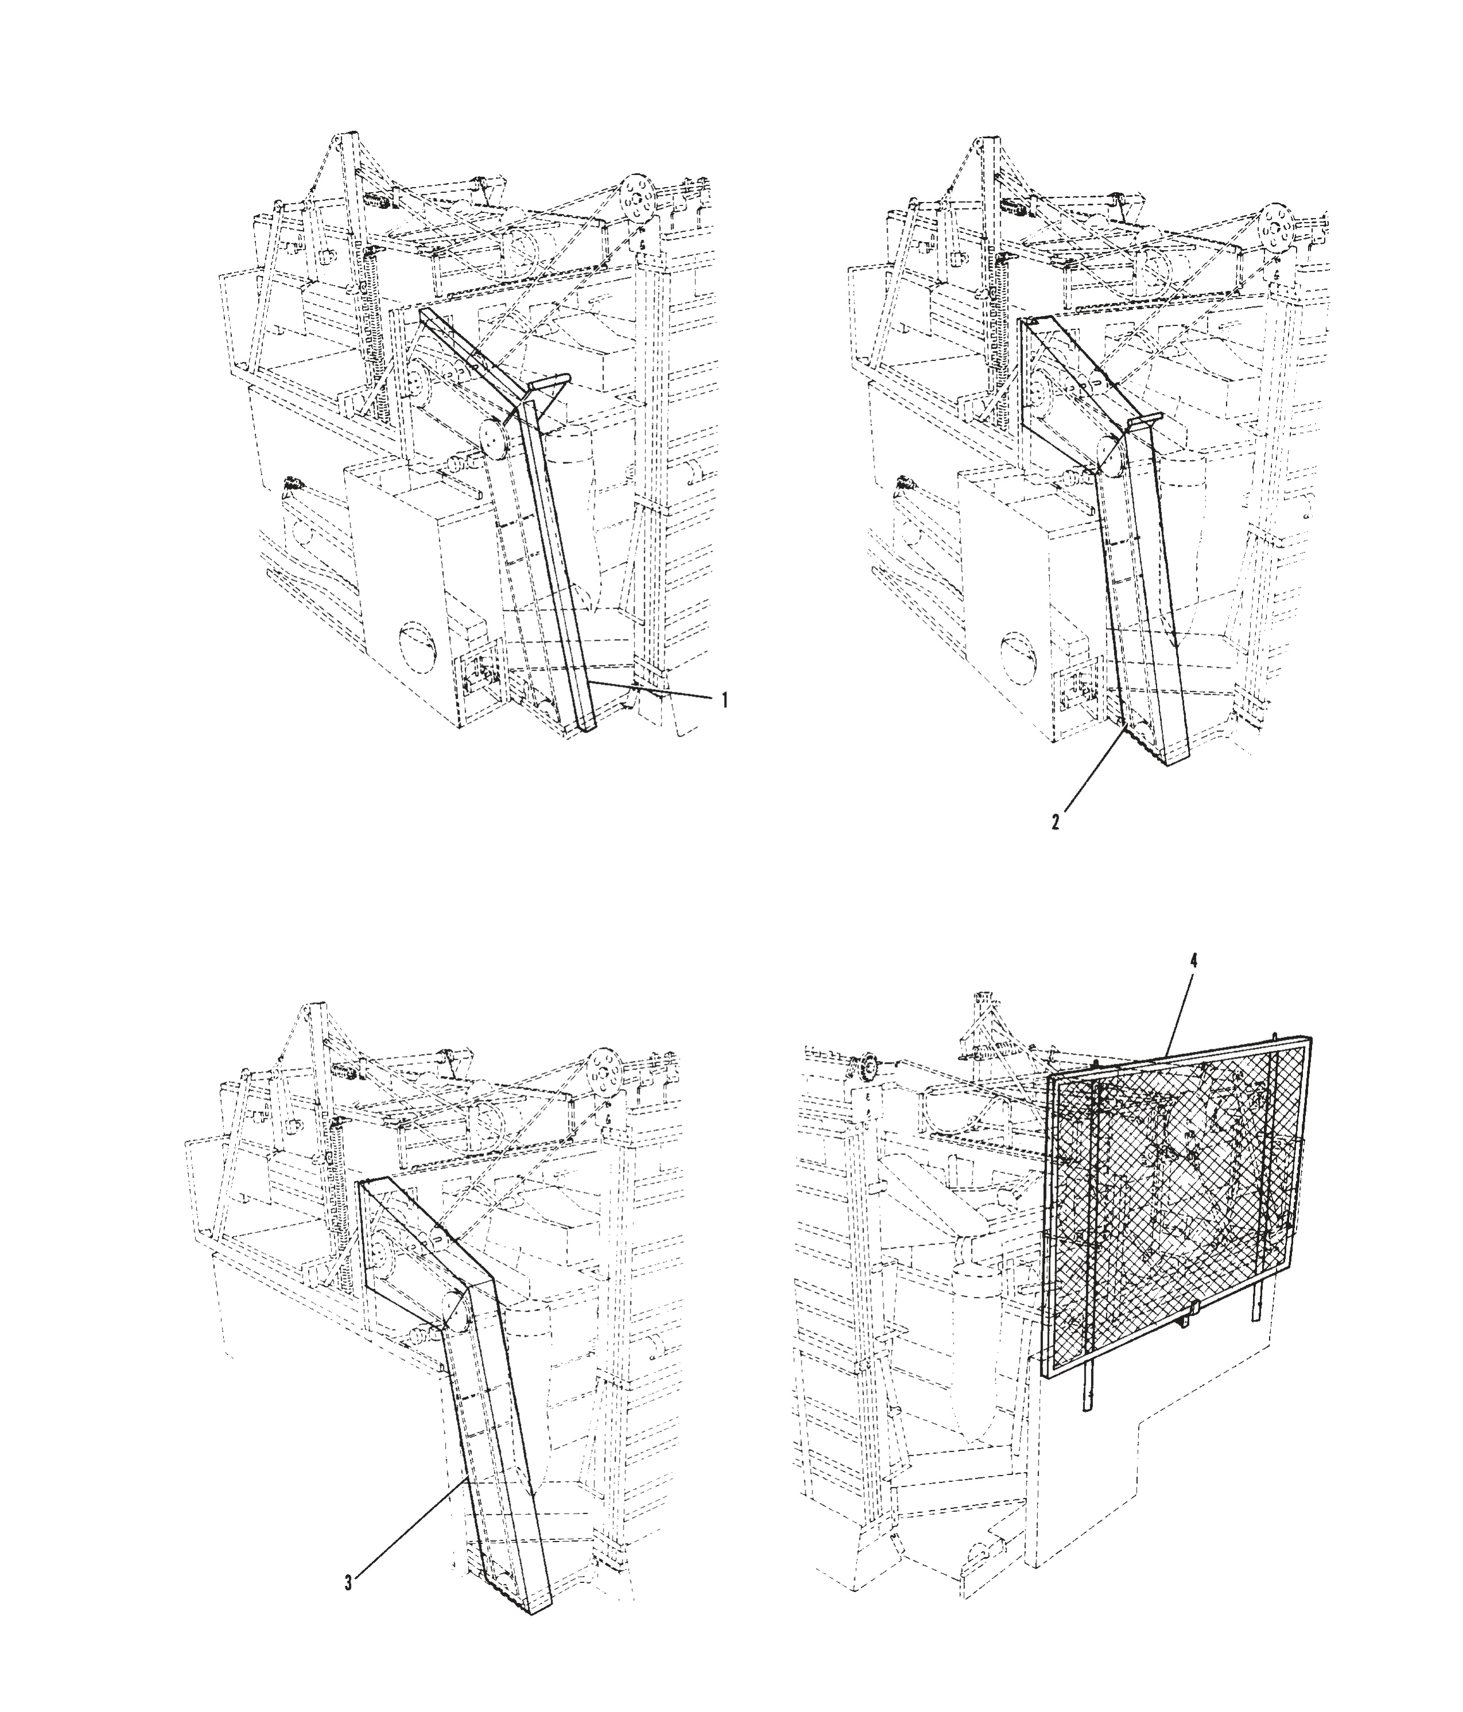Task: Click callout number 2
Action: [x=1056, y=822]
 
